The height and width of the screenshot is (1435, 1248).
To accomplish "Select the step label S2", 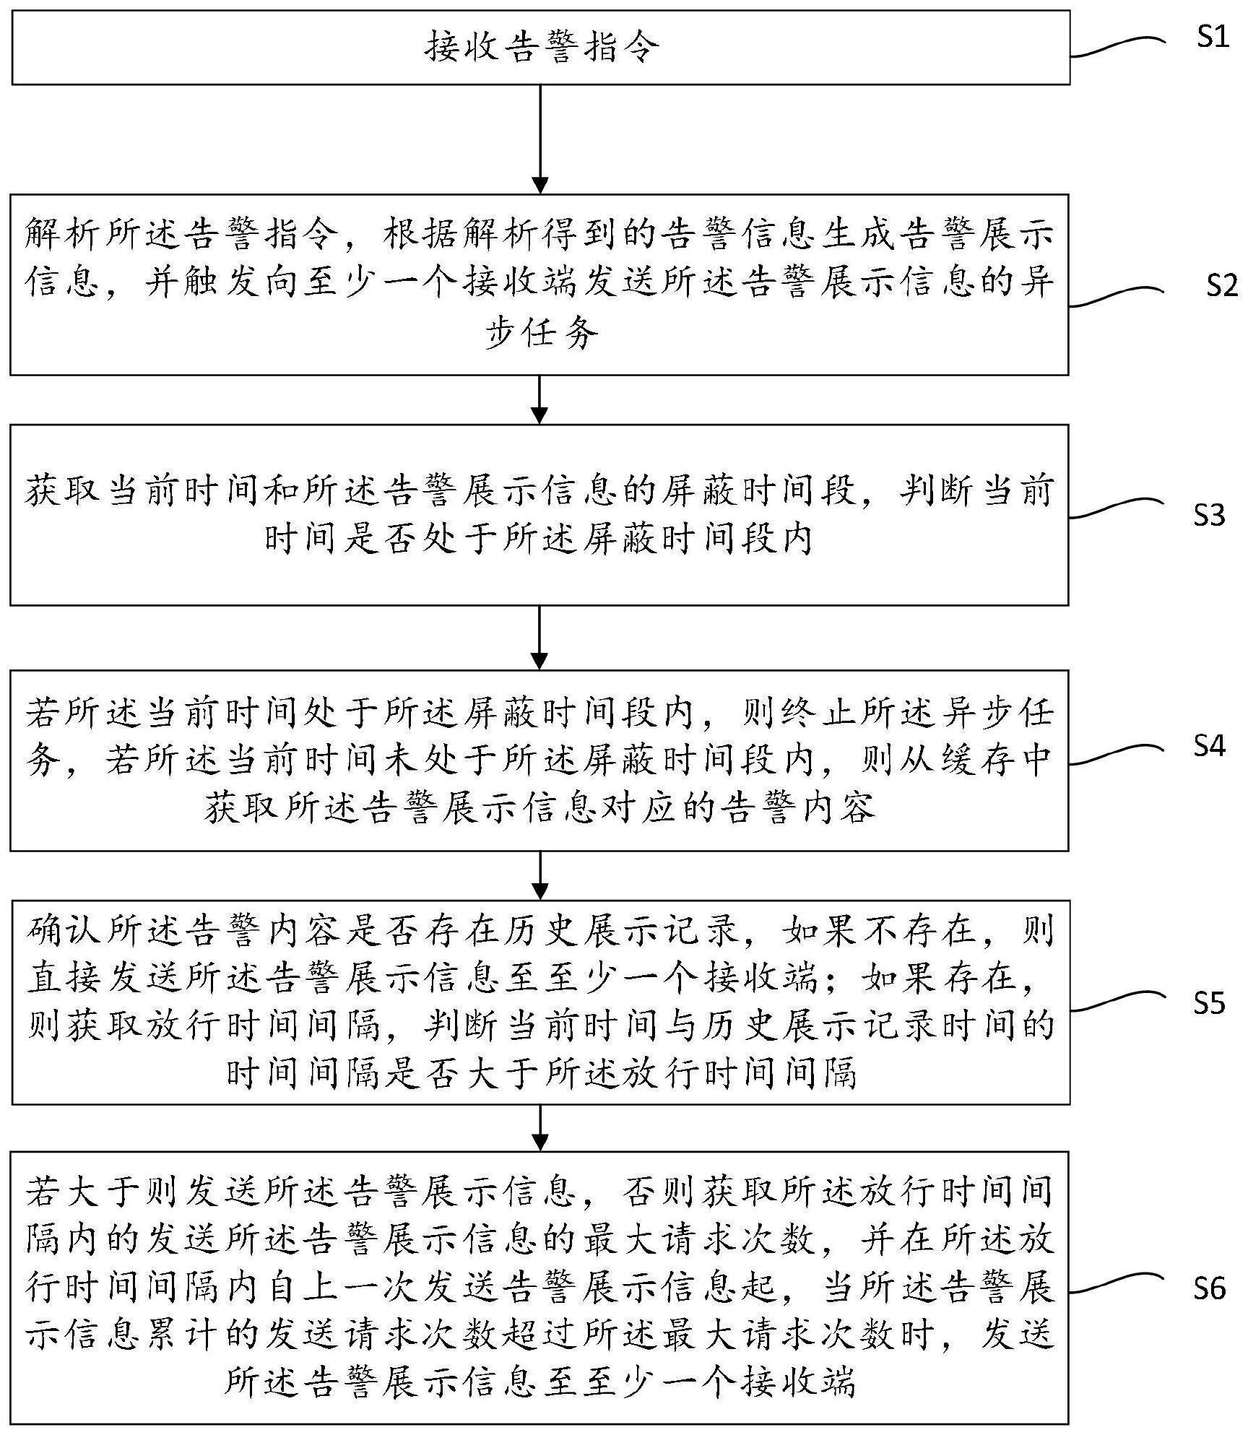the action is pyautogui.click(x=1222, y=287).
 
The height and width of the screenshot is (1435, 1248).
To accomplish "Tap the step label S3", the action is pyautogui.click(x=1209, y=515).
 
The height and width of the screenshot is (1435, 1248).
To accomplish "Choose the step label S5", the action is pyautogui.click(x=1209, y=1003).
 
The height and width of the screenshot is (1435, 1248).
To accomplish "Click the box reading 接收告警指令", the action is pyautogui.click(x=540, y=48).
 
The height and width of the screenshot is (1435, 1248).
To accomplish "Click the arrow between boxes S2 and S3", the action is pyautogui.click(x=539, y=399).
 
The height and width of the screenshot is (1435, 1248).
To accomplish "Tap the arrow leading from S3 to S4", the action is pyautogui.click(x=539, y=638).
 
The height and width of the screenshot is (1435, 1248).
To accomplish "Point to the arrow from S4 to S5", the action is pyautogui.click(x=539, y=875).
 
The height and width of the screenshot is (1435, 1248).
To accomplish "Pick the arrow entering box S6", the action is pyautogui.click(x=539, y=1128).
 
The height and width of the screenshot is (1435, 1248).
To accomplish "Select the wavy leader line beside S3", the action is pyautogui.click(x=1117, y=508).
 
